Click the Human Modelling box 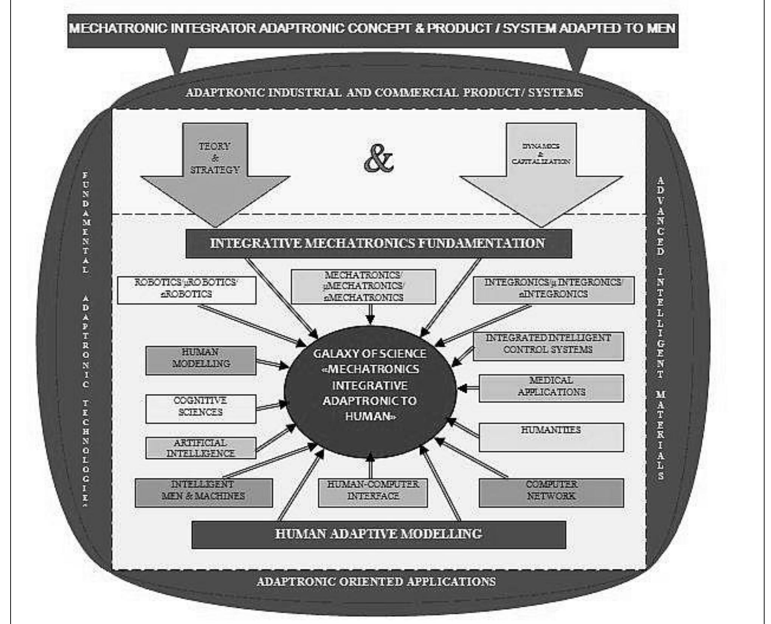point(201,360)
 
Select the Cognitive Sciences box point(201,409)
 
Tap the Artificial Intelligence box point(201,448)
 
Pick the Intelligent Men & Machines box point(203,493)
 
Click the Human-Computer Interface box point(373,493)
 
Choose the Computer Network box point(551,493)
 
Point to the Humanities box point(551,437)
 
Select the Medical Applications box point(551,388)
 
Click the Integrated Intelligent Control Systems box point(548,346)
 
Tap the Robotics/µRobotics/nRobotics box point(186,290)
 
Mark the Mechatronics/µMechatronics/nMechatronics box point(363,286)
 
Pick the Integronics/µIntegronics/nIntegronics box point(554,290)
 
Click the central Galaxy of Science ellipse point(370,389)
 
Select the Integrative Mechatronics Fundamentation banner point(378,244)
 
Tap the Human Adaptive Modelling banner point(378,534)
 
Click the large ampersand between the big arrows point(378,159)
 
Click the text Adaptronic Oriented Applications point(376,581)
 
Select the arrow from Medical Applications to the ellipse point(468,388)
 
